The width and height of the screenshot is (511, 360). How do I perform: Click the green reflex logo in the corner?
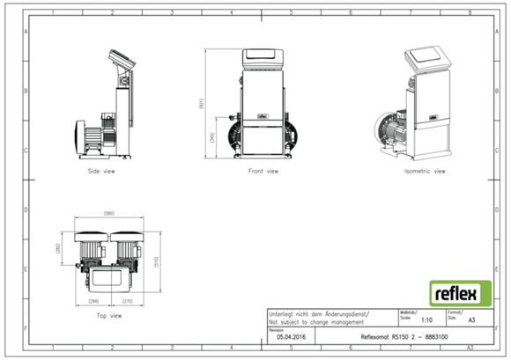pyautogui.click(x=455, y=292)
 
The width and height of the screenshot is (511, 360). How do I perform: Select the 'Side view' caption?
pyautogui.click(x=102, y=171)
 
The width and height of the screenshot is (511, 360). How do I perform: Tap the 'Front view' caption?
pyautogui.click(x=263, y=171)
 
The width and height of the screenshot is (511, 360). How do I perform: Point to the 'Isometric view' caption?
pyautogui.click(x=424, y=171)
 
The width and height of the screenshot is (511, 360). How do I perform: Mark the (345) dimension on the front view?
pyautogui.click(x=211, y=137)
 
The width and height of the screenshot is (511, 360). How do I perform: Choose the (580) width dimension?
pyautogui.click(x=109, y=214)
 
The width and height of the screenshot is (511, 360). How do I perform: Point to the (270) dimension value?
pyautogui.click(x=127, y=300)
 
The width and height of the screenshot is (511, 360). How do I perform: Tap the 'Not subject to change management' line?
pyautogui.click(x=318, y=322)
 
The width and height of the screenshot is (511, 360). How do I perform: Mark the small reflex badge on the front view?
pyautogui.click(x=263, y=113)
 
